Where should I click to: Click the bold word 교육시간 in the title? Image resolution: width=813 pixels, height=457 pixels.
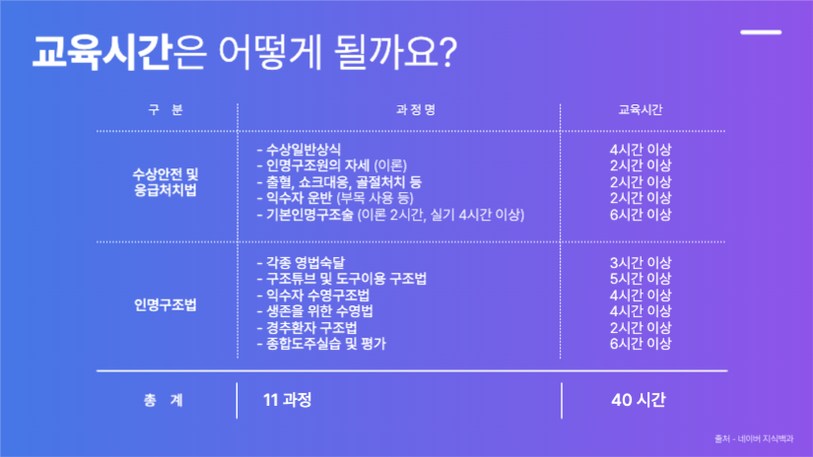100,51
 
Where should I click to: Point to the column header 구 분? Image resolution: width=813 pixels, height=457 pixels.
164,109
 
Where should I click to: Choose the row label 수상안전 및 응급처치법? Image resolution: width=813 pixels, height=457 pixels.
166,182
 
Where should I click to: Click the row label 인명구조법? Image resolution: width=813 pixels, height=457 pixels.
166,304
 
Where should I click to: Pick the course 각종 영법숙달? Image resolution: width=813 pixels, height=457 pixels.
303,263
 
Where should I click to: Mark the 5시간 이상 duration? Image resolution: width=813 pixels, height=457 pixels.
641,280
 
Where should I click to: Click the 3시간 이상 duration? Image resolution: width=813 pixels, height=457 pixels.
641,263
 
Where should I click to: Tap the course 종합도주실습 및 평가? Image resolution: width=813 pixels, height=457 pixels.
320,344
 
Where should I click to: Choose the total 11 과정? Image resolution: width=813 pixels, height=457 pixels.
287,400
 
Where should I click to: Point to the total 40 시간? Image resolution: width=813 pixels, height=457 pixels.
639,400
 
